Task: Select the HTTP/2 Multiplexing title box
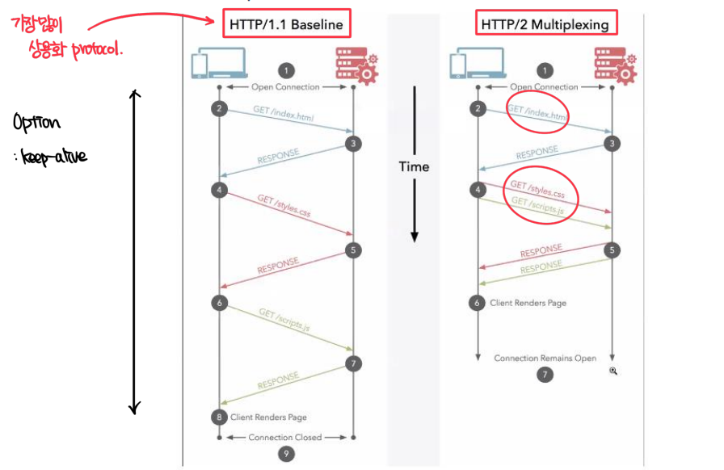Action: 545,24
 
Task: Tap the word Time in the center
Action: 414,166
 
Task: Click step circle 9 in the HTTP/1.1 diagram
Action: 285,453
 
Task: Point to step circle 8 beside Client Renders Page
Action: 219,417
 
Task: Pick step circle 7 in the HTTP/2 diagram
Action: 545,375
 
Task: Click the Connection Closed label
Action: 284,437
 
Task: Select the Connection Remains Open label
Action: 545,358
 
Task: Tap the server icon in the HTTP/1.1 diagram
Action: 355,65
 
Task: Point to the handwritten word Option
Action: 36,123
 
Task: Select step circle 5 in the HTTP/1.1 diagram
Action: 352,250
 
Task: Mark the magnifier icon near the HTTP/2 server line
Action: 613,371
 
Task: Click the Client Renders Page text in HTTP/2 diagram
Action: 529,303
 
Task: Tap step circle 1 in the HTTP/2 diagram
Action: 545,71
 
